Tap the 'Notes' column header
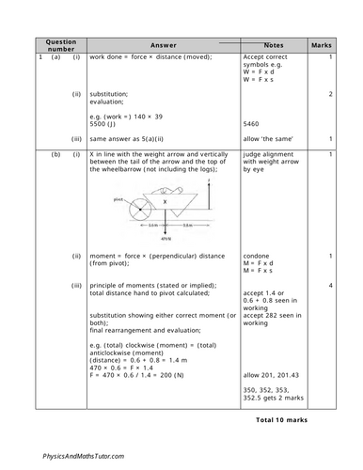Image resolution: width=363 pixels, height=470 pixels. [274, 45]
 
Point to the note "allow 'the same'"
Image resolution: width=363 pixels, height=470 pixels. [265, 139]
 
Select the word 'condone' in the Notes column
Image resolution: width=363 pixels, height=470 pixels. [259, 256]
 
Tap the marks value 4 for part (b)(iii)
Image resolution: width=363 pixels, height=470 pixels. [331, 285]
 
